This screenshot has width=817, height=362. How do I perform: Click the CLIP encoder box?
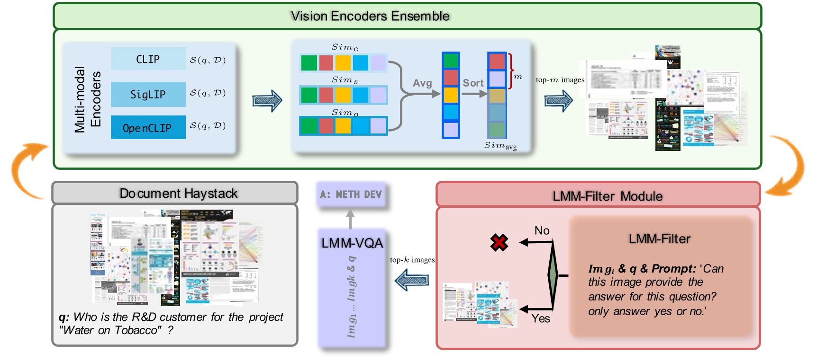148,59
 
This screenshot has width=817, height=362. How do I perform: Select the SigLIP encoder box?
148,94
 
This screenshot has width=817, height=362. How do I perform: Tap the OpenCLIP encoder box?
148,128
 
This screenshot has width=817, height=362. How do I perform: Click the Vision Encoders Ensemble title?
370,16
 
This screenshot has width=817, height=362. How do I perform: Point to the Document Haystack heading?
178,193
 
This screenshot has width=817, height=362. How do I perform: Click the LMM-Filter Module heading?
607,196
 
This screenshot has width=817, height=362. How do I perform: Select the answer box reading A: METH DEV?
351,194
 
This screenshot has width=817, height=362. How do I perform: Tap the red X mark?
499,242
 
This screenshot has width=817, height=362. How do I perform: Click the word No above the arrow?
542,230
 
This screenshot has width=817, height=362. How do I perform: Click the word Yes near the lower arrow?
541,318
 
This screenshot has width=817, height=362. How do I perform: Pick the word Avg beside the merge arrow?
422,83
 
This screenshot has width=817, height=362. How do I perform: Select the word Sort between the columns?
473,83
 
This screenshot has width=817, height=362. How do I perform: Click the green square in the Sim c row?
309,63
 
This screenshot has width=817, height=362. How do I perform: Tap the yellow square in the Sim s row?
343,95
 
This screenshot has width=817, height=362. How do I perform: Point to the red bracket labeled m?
510,71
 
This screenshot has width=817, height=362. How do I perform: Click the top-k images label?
412,260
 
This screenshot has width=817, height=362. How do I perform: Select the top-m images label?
560,80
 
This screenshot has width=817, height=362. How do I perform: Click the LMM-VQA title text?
352,243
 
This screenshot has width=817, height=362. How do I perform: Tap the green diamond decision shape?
553,274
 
